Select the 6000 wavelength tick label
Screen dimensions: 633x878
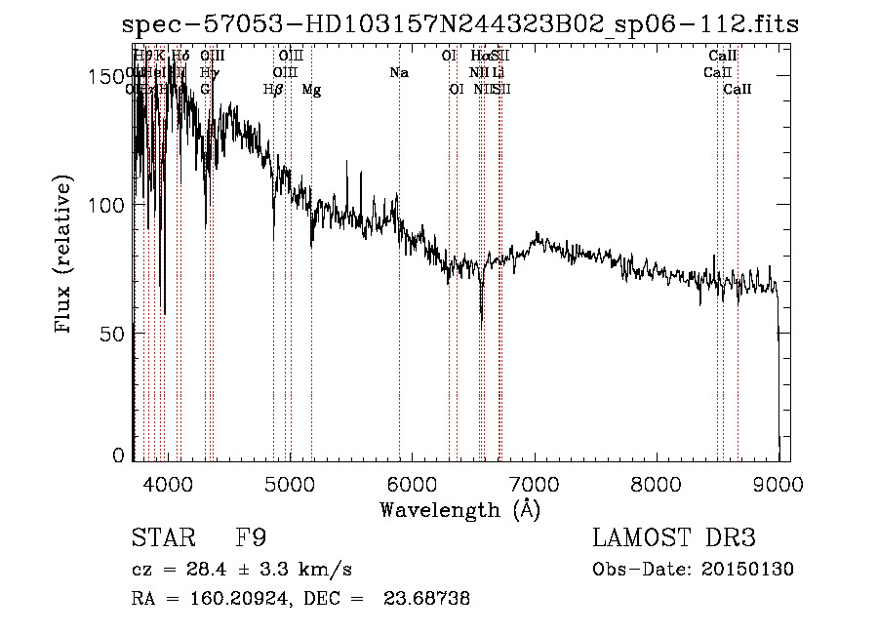[x=412, y=482]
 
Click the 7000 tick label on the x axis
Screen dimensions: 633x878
[x=534, y=482]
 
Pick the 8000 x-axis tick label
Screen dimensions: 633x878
[x=656, y=482]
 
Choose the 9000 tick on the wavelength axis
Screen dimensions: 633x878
[x=778, y=482]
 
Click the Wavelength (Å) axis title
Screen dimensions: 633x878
[x=459, y=509]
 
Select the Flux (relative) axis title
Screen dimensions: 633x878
[x=65, y=256]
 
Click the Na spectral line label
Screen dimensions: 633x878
[x=398, y=73]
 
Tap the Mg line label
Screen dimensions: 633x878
[x=311, y=90]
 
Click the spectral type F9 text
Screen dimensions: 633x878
[x=252, y=538]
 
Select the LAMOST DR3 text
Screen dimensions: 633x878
[x=673, y=538]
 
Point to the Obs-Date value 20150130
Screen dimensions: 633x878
[x=745, y=570]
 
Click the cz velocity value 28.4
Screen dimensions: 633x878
[x=221, y=570]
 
